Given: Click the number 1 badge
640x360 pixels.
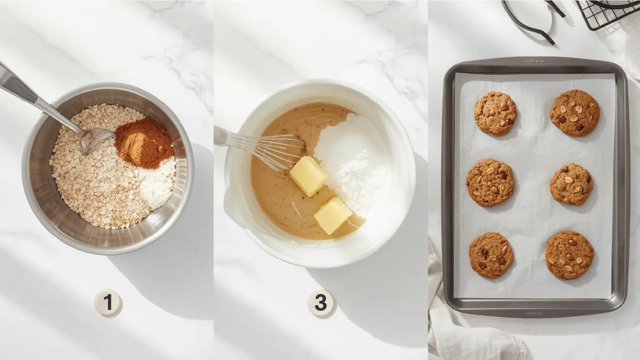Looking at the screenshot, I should (108, 302).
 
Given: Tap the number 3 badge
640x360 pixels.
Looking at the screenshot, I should (320, 303).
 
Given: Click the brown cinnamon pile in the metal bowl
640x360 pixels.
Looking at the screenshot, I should (144, 142).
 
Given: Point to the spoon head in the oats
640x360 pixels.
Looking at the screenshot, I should (97, 139).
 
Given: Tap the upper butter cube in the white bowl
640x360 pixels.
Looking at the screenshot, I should (309, 176).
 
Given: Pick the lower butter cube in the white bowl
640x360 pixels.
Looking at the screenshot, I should (333, 215).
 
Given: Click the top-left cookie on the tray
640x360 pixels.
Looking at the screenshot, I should (495, 113).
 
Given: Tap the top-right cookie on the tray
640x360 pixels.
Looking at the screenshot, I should (574, 113).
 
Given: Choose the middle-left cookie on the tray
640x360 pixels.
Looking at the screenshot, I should (490, 182).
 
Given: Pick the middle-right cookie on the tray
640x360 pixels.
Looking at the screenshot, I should (571, 184).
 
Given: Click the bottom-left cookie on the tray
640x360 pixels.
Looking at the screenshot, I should (491, 255).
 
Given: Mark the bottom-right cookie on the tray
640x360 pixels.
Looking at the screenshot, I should (569, 255).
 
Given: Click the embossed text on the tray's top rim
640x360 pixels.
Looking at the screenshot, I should (535, 61).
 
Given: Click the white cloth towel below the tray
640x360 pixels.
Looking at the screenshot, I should (469, 337).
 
